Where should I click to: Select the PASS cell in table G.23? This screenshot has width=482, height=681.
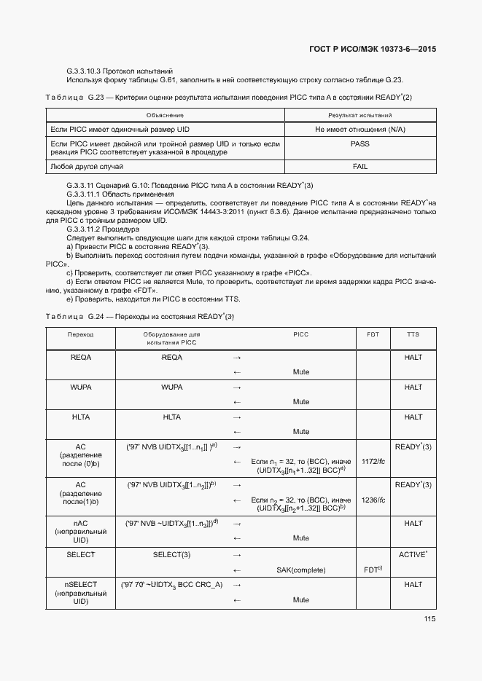tap(359, 144)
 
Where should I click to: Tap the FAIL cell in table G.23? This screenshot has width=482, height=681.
tap(359, 167)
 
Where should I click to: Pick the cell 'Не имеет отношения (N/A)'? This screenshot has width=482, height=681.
tap(359, 129)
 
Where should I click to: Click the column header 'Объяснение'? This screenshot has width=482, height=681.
tap(165, 115)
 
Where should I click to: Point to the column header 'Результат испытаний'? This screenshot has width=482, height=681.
tap(359, 115)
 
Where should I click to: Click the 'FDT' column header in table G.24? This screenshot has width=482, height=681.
tap(373, 334)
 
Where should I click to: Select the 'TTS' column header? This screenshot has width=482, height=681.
tap(413, 334)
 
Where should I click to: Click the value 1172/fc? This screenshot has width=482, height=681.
tap(373, 462)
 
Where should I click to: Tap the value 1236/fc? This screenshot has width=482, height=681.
tap(373, 500)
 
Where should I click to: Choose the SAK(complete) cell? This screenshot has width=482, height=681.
tap(301, 570)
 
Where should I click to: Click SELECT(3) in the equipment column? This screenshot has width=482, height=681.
tap(171, 555)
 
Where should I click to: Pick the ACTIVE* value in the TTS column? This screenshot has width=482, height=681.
tap(413, 555)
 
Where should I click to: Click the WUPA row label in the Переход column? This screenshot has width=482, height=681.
tap(81, 387)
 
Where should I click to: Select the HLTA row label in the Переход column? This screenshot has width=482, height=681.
tap(81, 417)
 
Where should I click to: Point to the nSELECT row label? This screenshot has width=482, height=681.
tap(81, 584)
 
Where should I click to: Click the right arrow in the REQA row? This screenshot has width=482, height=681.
tap(236, 358)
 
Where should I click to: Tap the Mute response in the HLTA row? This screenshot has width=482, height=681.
tap(301, 432)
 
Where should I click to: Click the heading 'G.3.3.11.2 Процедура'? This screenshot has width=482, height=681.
tap(97, 228)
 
